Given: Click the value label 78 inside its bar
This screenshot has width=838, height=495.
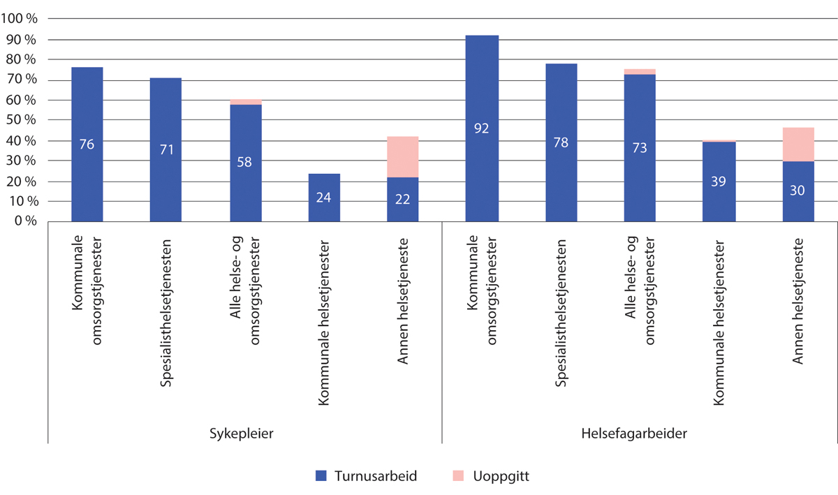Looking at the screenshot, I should tap(561, 143).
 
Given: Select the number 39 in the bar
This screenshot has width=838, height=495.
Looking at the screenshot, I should tap(719, 182).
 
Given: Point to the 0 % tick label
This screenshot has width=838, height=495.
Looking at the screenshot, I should tap(27, 221).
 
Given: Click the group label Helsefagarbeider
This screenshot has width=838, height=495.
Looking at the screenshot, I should tap(634, 434).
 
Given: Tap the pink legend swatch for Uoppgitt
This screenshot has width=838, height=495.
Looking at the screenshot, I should tap(458, 476).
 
